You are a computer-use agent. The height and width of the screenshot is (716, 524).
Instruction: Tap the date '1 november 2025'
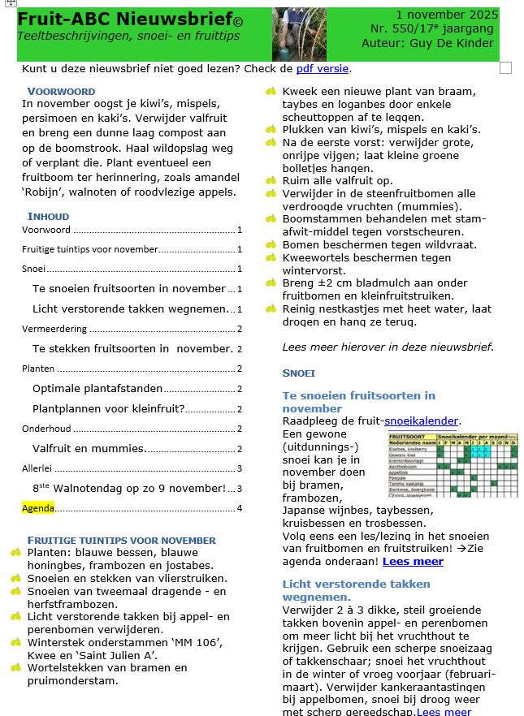pos(447,15)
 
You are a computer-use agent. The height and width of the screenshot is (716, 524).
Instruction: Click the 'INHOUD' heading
pos(48,217)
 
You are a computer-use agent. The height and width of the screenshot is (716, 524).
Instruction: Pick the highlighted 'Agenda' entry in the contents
pos(38,508)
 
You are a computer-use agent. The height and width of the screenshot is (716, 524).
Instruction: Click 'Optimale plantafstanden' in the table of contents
pos(97,388)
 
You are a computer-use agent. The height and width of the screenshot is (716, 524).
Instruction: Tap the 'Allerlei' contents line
pos(36,468)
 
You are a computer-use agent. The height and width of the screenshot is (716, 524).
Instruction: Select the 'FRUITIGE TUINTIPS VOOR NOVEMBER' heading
pos(122,540)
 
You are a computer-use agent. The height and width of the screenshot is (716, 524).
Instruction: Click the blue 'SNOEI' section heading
pos(298,373)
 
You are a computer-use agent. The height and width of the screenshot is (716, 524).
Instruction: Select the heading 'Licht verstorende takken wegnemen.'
pos(356,590)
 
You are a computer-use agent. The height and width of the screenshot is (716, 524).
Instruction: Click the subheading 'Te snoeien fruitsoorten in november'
pos(358,402)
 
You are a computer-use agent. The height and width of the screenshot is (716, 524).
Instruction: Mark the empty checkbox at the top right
pos(505,67)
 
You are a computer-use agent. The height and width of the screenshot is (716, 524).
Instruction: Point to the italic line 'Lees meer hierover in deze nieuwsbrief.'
pos(388,347)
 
